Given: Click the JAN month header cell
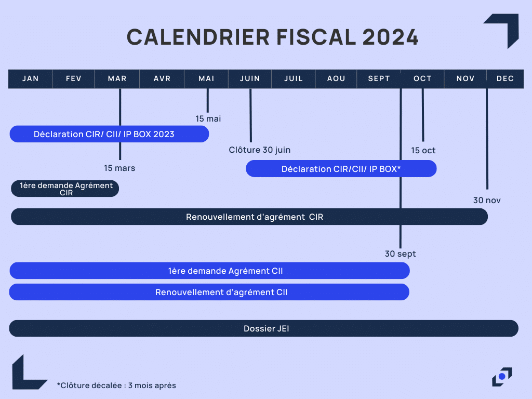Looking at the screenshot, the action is tap(31, 79).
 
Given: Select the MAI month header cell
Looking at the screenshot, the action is tap(206, 79).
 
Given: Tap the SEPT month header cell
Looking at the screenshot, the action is tap(379, 79).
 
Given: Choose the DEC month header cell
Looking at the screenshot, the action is tap(505, 79).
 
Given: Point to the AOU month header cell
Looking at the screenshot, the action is tap(336, 79).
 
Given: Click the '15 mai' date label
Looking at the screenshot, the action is tap(208, 119).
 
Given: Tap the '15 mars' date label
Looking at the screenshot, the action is tap(119, 168).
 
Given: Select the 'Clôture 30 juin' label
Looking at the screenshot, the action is tap(260, 150).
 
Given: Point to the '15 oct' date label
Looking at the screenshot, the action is tap(423, 150).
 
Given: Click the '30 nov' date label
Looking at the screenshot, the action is tap(487, 200).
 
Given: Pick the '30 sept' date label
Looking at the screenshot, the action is tap(401, 254).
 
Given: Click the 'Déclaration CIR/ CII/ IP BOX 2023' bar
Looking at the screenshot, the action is tap(109, 134).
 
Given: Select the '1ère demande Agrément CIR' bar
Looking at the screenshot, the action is tap(65, 189).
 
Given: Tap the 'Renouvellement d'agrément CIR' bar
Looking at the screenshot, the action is tap(249, 217).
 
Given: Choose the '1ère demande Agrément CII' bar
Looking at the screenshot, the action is tap(210, 271).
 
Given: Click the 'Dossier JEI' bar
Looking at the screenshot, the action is tap(263, 328).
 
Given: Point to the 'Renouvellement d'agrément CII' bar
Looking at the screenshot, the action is tap(209, 292).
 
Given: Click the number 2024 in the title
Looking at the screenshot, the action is tap(390, 37).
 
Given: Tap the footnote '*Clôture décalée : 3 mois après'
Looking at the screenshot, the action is tap(116, 385).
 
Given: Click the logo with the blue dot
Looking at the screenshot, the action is tap(502, 377).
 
